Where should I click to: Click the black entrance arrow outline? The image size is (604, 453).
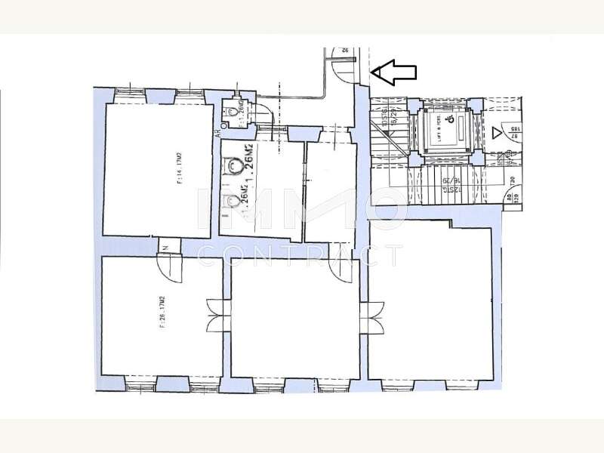(x=396, y=72)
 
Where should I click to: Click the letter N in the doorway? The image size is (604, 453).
(x=163, y=245)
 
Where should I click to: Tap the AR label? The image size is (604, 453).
(x=217, y=133)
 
